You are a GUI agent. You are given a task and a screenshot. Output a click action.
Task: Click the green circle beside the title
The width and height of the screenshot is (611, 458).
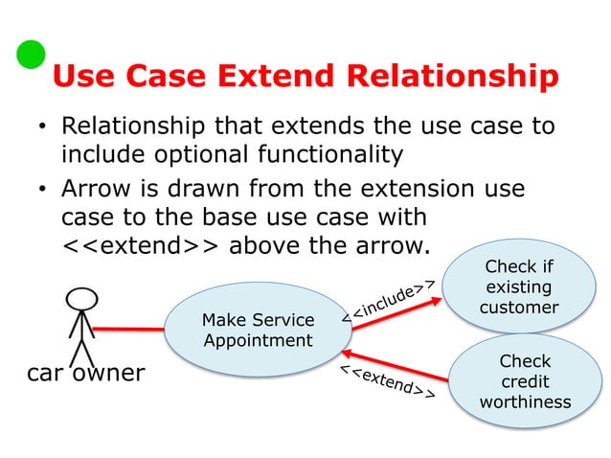(31, 55)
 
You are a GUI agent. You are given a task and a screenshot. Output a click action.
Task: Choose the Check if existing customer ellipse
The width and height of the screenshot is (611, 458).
(518, 286)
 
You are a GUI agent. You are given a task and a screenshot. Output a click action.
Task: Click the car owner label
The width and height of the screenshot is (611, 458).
(85, 372)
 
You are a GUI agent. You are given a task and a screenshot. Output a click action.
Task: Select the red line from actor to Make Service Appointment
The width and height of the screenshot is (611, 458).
(129, 328)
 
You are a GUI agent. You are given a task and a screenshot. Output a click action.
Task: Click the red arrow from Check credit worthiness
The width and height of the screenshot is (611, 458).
(402, 355)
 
